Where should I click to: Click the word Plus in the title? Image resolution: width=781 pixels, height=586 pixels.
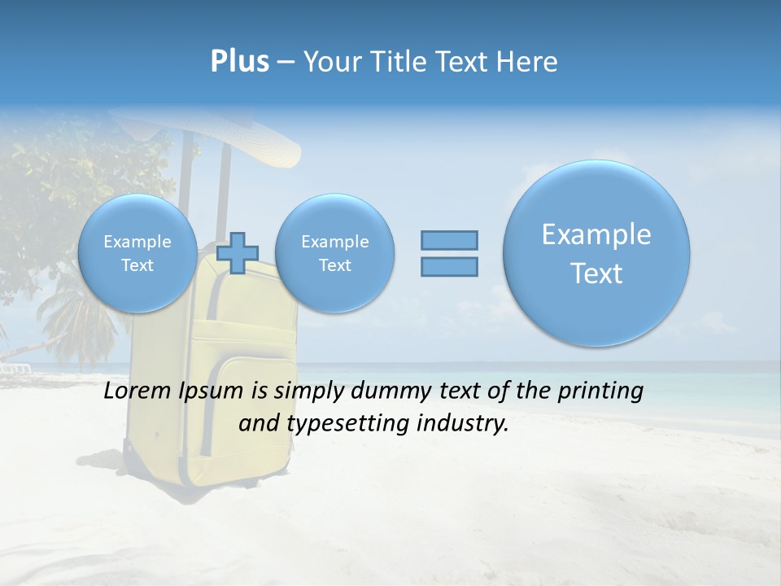click(239, 61)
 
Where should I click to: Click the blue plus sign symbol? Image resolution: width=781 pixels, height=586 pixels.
click(238, 252)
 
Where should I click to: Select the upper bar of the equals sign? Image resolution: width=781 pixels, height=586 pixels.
click(449, 240)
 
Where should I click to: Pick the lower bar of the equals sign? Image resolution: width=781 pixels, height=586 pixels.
click(449, 266)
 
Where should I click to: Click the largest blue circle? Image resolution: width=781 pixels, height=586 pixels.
click(596, 252)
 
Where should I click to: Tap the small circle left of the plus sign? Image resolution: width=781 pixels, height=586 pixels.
click(137, 253)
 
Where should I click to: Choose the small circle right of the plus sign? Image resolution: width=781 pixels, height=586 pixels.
click(334, 253)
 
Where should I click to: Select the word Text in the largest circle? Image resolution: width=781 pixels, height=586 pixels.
click(596, 273)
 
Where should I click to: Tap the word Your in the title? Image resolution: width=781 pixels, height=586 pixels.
click(330, 62)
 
